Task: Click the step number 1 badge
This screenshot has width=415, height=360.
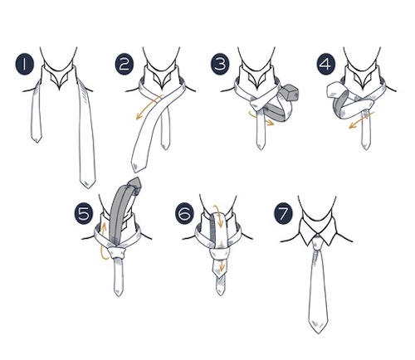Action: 24,65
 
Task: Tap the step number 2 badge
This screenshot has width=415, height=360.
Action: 124,65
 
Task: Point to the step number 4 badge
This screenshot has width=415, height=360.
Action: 326,65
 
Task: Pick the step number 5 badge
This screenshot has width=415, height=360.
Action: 84,214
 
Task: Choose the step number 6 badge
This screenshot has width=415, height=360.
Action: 185,214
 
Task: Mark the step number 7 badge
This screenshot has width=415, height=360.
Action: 283,214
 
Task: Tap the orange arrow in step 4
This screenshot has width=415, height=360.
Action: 362,120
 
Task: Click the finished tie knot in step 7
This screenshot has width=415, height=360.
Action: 319,242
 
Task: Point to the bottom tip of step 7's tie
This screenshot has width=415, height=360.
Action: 318,333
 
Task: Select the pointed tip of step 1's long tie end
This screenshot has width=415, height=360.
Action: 88,188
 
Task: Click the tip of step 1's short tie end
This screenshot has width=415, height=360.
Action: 37,142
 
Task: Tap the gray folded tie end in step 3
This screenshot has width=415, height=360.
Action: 289,91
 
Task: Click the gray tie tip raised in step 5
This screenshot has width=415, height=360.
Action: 135,185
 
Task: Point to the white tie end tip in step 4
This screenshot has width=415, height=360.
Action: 333,90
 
